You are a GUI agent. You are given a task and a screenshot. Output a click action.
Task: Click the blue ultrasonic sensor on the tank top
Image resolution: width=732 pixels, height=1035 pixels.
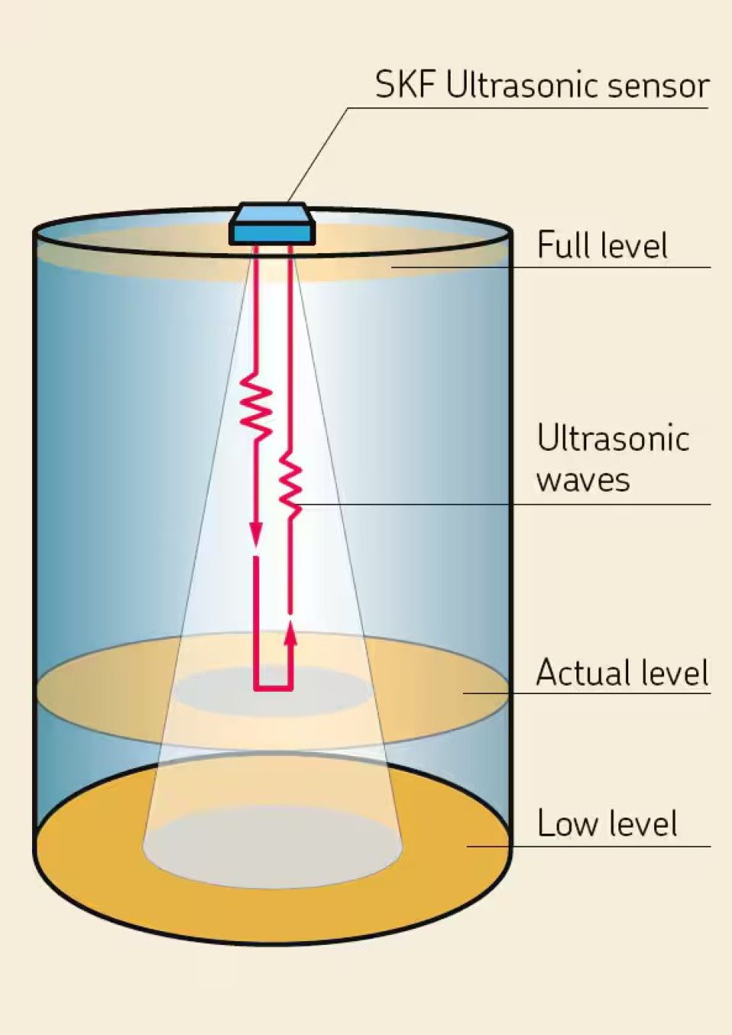(x=271, y=224)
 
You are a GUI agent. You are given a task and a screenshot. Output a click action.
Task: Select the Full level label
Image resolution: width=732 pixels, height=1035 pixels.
(x=602, y=246)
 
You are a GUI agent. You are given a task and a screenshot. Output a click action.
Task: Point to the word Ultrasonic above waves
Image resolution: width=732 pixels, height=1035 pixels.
(x=613, y=439)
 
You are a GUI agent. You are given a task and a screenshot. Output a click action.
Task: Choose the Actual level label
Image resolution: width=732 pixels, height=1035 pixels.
(x=622, y=673)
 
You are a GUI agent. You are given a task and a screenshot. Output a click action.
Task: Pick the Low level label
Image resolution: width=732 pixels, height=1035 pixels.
(x=607, y=824)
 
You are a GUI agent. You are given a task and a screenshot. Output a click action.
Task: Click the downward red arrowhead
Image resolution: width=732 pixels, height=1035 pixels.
(x=255, y=533)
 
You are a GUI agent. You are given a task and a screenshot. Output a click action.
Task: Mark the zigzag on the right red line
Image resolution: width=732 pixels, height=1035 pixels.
(x=290, y=481)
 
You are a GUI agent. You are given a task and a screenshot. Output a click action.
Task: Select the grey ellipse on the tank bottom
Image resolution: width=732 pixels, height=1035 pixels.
(x=274, y=847)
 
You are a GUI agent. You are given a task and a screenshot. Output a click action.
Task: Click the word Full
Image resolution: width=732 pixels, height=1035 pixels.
(x=564, y=246)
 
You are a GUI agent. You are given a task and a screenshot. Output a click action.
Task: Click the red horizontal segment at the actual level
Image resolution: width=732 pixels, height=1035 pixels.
(x=273, y=689)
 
